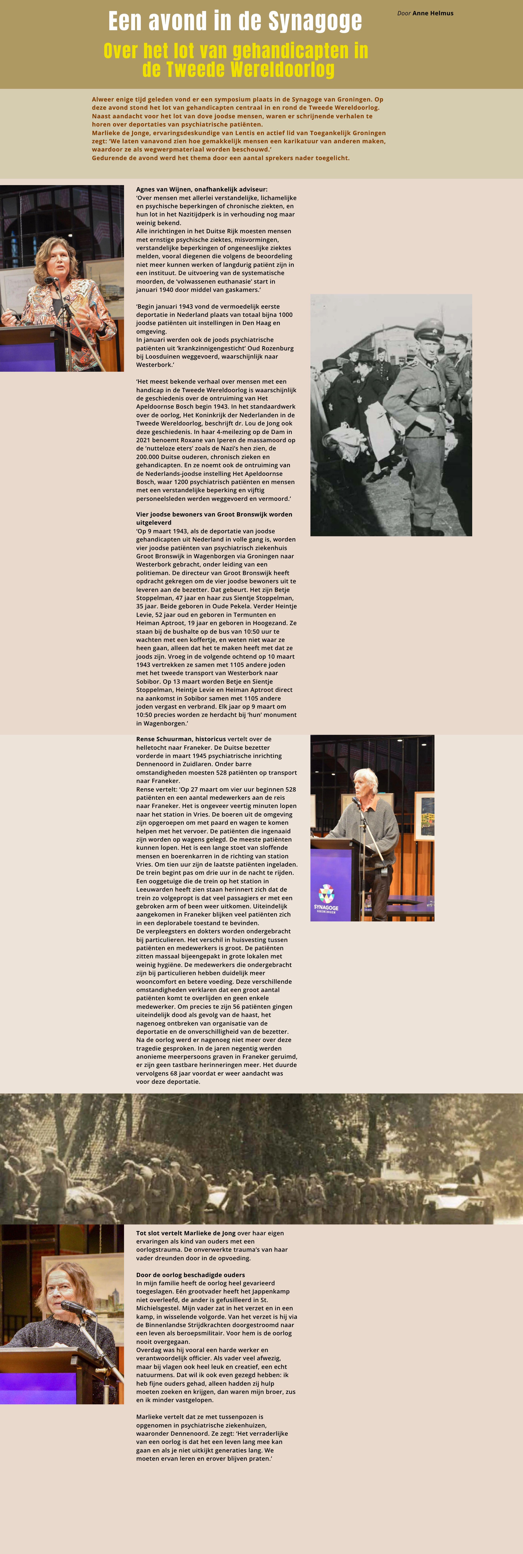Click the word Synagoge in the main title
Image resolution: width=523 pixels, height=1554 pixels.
(315, 22)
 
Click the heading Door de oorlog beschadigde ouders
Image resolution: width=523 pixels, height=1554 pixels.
(190, 1275)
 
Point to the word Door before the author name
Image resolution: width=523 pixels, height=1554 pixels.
(403, 13)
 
